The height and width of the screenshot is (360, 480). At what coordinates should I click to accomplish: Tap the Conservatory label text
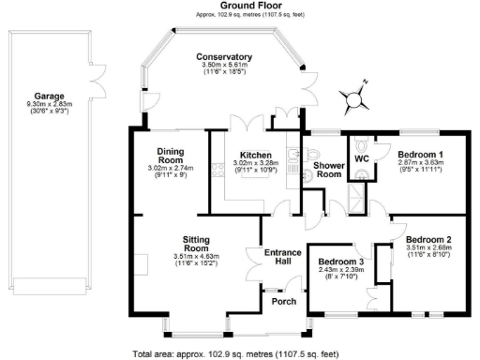click(x=223, y=57)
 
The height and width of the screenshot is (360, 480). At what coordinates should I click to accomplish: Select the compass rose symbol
click(x=353, y=97)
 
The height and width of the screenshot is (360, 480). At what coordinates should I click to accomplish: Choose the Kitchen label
click(x=255, y=155)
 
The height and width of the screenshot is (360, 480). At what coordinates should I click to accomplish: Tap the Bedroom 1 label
click(x=419, y=153)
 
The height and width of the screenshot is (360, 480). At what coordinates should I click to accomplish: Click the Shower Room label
click(x=327, y=170)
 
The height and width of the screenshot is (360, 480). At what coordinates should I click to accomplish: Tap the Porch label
click(x=283, y=302)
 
